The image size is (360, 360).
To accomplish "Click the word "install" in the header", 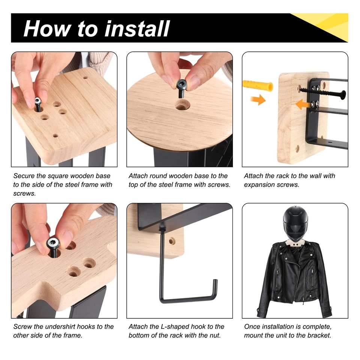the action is click(137, 28).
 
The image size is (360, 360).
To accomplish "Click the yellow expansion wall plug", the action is click(258, 85).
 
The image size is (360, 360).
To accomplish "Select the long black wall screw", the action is click(322, 92).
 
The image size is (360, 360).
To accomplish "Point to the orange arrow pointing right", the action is click(258, 100).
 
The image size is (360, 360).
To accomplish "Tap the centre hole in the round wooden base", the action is click(182, 105).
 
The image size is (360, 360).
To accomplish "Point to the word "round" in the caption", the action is click(159, 176).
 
